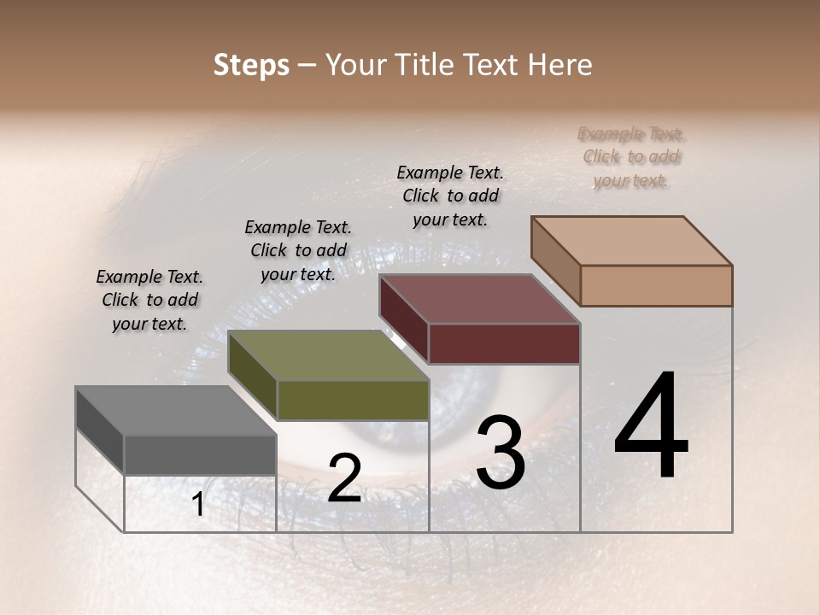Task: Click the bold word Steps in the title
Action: (251, 65)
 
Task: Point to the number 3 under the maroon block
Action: (501, 453)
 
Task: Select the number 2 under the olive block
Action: (344, 478)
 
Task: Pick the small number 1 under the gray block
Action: (198, 505)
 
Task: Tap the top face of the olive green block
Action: (328, 355)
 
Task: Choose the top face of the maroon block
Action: (479, 299)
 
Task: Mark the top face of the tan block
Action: (631, 241)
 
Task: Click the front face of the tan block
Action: (656, 285)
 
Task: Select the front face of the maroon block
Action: (504, 344)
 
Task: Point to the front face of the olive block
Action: (353, 400)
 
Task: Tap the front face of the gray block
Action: (200, 454)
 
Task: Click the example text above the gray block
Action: (149, 300)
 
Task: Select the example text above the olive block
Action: (298, 250)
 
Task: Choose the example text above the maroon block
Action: (450, 196)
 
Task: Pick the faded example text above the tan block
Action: (631, 156)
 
